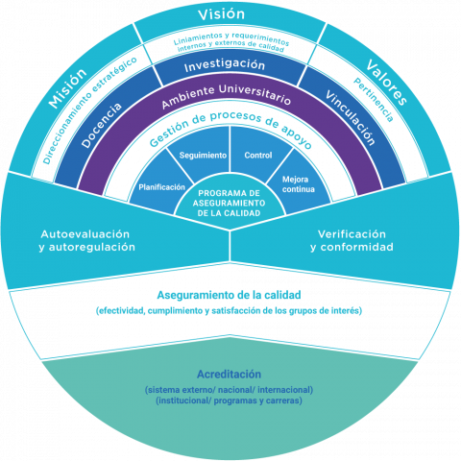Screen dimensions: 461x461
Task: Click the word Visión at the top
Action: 221,14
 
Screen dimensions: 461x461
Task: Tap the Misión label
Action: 67,87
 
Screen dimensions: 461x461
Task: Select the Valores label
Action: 386,82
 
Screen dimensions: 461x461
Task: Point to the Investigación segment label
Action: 225,65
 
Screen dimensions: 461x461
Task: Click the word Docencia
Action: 102,125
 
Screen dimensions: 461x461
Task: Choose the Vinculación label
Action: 351,117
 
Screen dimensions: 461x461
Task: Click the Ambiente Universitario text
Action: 226,95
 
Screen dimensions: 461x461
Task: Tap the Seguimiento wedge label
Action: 203,156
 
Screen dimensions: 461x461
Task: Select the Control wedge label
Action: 258,156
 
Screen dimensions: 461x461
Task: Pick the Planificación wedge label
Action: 161,187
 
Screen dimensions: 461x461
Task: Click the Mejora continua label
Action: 299,184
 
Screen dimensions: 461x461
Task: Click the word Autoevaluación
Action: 85,234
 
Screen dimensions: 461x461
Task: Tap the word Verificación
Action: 352,234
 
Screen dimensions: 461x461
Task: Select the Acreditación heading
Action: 229,374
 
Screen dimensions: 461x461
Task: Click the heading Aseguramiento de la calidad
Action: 229,295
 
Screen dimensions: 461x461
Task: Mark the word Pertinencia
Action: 374,100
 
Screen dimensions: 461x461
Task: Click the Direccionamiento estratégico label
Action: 90,110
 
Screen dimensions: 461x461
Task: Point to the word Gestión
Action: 170,133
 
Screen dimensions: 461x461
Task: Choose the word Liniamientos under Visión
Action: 198,38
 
